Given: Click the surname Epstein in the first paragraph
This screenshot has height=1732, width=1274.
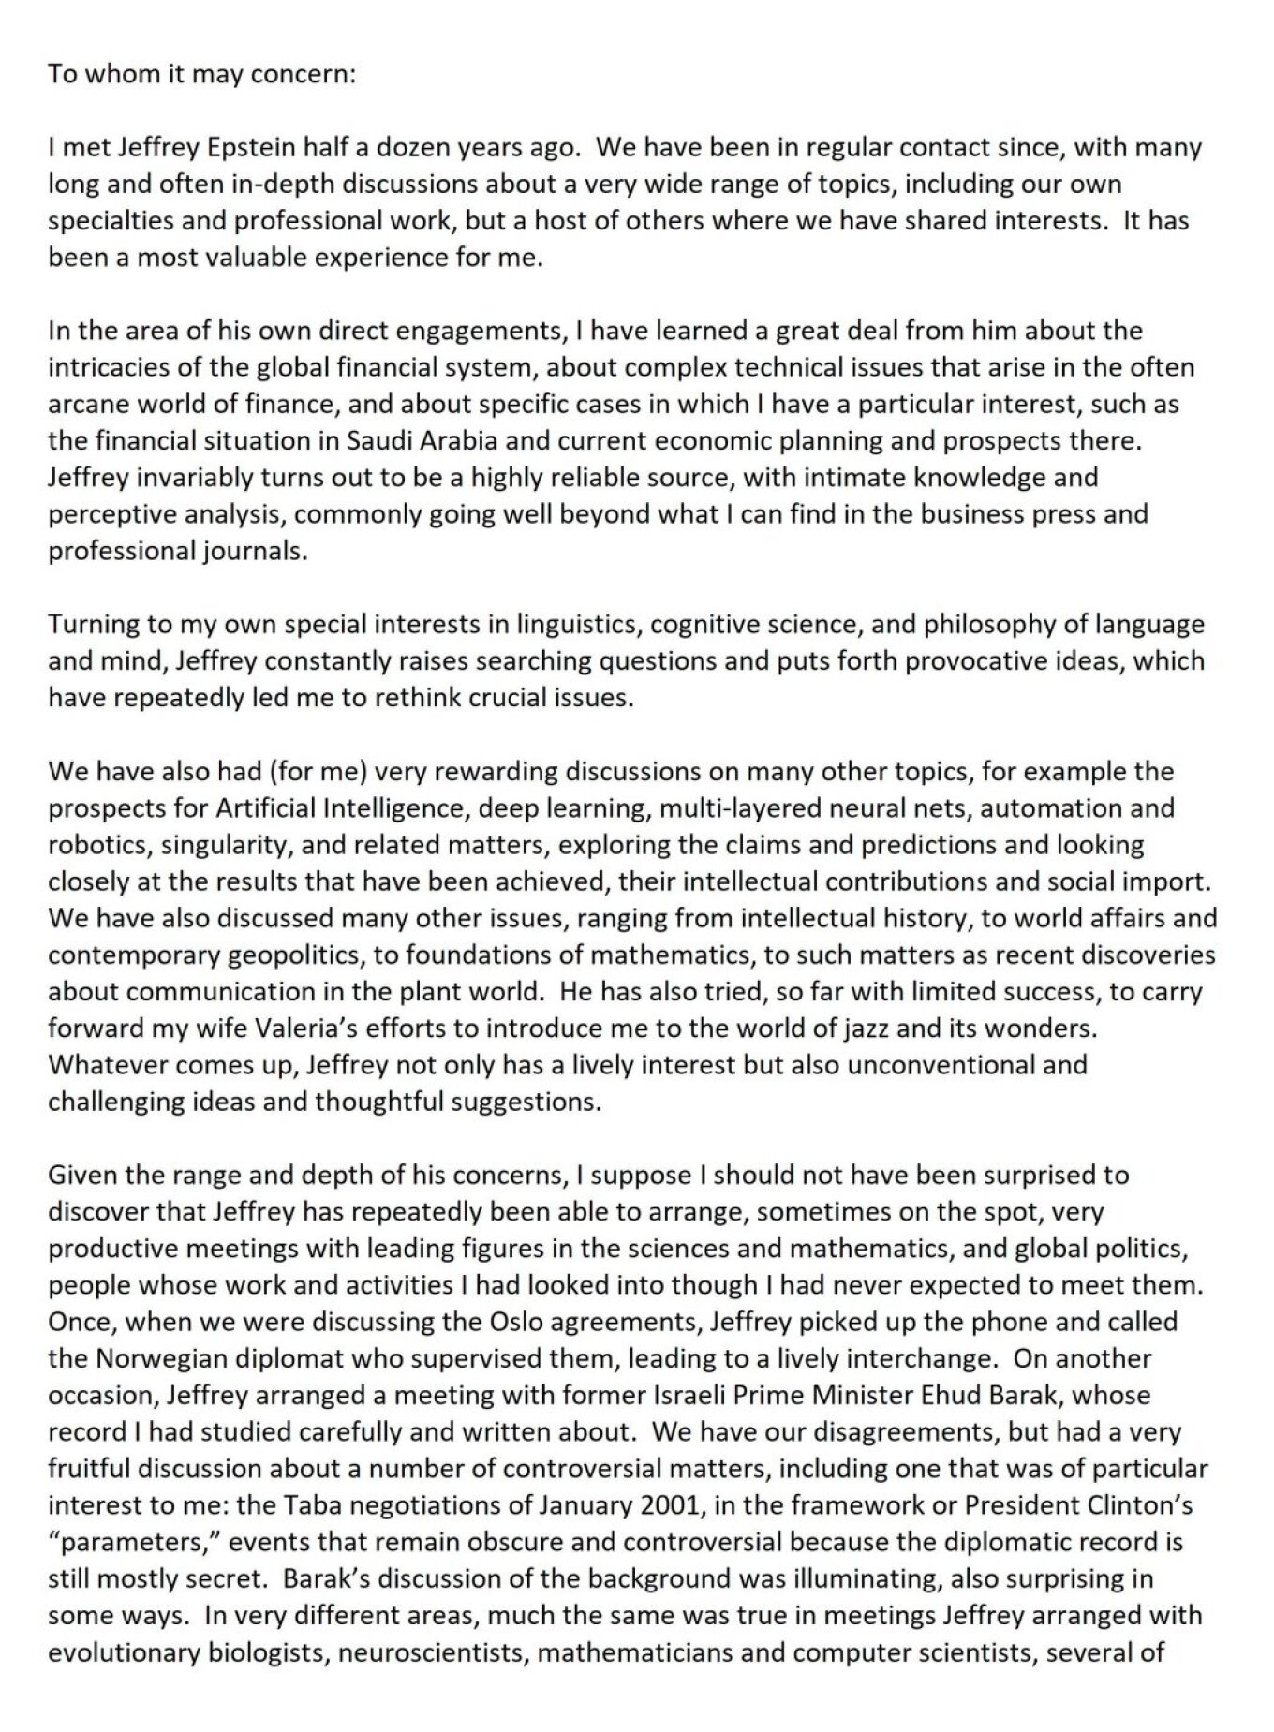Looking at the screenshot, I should click(x=223, y=148).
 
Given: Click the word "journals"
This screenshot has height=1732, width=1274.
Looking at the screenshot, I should click(x=253, y=551).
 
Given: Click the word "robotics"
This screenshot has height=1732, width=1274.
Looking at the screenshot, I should click(x=100, y=845).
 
